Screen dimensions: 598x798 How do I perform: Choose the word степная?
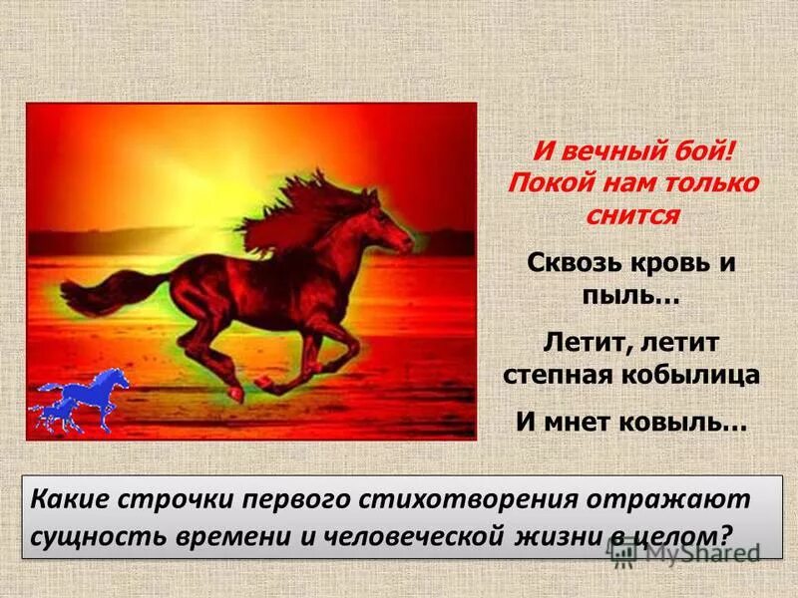point(557,375)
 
